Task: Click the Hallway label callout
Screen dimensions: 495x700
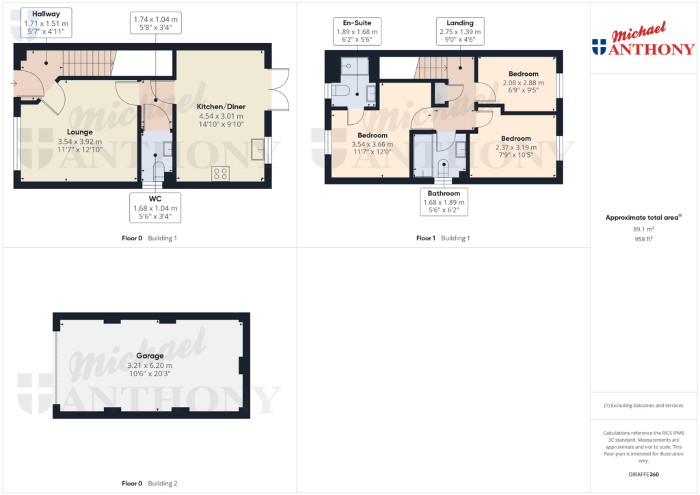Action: pos(46,23)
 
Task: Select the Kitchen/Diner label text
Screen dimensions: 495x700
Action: pos(221,107)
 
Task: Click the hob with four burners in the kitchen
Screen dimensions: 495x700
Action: pos(220,173)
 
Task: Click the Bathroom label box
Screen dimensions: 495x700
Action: pos(444,202)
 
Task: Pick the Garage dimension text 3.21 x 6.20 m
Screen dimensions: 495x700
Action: pos(150,365)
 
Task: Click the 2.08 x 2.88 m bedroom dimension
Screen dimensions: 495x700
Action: pos(523,83)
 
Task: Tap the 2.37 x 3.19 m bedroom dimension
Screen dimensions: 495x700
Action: pos(515,147)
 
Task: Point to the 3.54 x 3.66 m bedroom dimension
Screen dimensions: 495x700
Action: pos(372,144)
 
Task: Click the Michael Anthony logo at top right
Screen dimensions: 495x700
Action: pos(642,42)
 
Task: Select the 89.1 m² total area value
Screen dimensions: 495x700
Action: pos(642,229)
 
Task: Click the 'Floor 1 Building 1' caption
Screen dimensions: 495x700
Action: pos(443,238)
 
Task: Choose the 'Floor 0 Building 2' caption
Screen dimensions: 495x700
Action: pos(149,483)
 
